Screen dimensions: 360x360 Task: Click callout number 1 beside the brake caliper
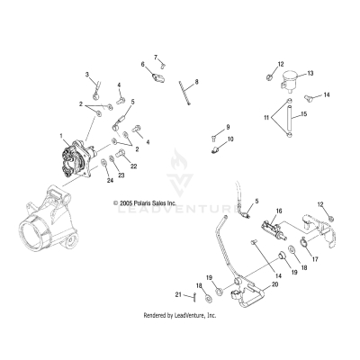(60, 136)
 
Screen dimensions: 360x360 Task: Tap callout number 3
(87, 75)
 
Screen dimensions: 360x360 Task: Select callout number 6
(142, 64)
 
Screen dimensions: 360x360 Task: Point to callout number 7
(155, 57)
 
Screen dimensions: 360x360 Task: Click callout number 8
(197, 82)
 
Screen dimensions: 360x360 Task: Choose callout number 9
(228, 127)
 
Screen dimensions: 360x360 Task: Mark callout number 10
(230, 139)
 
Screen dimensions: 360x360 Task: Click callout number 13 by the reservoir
(310, 73)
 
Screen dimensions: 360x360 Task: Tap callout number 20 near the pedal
(249, 283)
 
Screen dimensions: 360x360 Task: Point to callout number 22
(133, 166)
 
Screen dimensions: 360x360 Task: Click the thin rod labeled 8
(185, 94)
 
